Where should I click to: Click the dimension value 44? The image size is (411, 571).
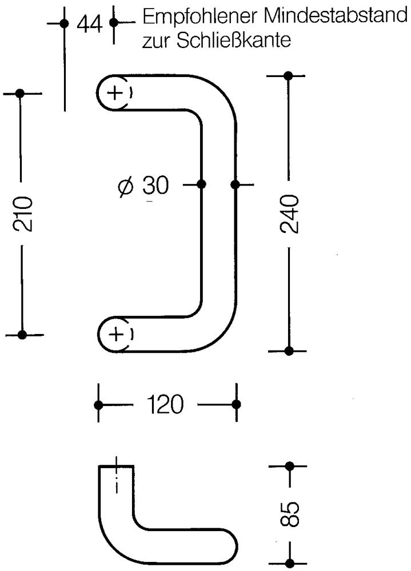point(89,24)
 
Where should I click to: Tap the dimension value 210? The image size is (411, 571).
point(23,214)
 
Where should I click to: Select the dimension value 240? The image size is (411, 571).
point(290,214)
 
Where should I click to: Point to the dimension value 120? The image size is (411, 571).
point(165,404)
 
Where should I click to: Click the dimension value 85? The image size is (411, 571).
point(290,514)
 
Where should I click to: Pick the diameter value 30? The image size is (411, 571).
point(155,185)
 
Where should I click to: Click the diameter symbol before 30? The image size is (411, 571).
point(126,187)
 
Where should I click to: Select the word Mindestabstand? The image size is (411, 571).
point(334,15)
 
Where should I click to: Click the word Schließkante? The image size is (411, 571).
point(233,40)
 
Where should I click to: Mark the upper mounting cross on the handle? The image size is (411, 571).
point(115,93)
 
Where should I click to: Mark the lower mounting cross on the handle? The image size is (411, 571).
point(116,334)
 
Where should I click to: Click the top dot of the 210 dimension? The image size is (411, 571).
point(21,93)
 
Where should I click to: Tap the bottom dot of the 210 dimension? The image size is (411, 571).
point(22,334)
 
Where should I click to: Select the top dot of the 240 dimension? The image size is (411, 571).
point(288,76)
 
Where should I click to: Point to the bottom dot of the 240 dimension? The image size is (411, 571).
point(289,351)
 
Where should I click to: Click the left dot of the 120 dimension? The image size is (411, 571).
point(98,405)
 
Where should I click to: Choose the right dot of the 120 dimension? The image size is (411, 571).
point(236,404)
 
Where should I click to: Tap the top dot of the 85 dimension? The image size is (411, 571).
point(290,466)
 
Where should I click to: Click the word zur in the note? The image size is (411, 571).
point(155,41)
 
